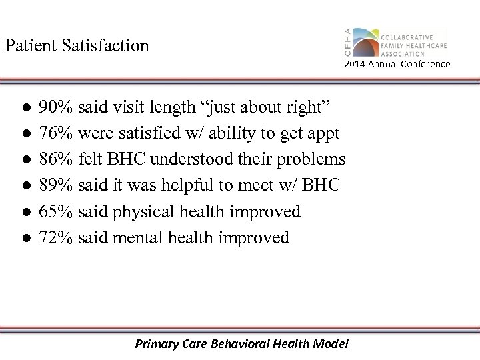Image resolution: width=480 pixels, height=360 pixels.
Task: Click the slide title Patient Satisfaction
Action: (x=77, y=46)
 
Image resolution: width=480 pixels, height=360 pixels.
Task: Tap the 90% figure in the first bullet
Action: (x=57, y=107)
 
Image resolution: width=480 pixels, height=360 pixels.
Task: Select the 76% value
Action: (x=57, y=133)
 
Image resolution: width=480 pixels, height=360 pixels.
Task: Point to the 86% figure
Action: (x=57, y=159)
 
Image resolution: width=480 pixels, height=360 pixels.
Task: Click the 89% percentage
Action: (x=57, y=185)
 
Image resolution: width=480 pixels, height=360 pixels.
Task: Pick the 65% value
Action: (x=57, y=211)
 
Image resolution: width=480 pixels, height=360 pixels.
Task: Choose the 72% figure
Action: (x=57, y=237)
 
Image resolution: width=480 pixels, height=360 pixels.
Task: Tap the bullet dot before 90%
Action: (x=25, y=108)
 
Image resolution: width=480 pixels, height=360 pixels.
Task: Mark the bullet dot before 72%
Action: (x=25, y=238)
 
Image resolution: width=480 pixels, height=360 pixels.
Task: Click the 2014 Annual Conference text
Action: (x=397, y=64)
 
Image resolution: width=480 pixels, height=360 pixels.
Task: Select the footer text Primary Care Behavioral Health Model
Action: (x=241, y=344)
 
